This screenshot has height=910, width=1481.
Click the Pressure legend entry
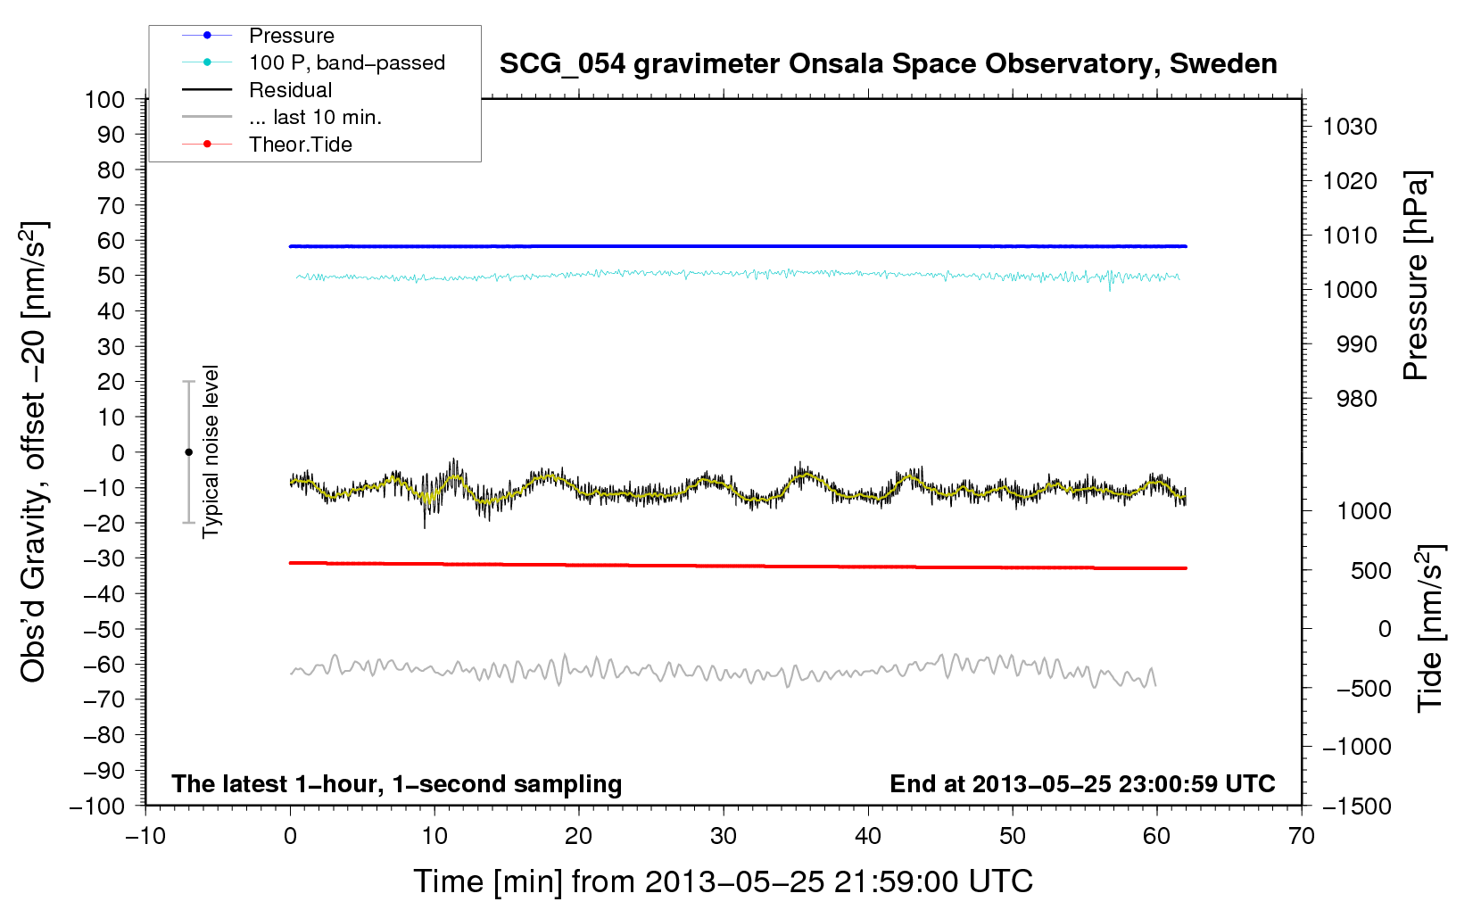pyautogui.click(x=291, y=36)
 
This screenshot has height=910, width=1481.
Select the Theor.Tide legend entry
pyautogui.click(x=300, y=145)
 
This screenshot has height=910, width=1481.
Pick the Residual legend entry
pyautogui.click(x=290, y=90)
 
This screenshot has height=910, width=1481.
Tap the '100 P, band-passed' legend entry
pyautogui.click(x=346, y=62)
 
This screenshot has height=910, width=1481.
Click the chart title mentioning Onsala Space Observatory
pyautogui.click(x=888, y=64)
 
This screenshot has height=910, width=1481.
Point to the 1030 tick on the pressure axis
pyautogui.click(x=1349, y=127)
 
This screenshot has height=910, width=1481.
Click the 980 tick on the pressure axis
pyautogui.click(x=1356, y=399)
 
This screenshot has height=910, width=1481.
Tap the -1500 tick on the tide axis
pyautogui.click(x=1356, y=806)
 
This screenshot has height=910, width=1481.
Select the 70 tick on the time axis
pyautogui.click(x=1302, y=836)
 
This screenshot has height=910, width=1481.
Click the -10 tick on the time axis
pyautogui.click(x=145, y=836)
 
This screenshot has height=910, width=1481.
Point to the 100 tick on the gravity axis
pyautogui.click(x=104, y=99)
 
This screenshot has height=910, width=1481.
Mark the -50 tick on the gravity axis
pyautogui.click(x=104, y=629)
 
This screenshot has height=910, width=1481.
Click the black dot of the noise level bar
pyautogui.click(x=188, y=452)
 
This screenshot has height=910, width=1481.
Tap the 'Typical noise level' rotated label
pyautogui.click(x=211, y=451)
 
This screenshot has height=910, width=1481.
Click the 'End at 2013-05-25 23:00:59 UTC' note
pyautogui.click(x=1082, y=783)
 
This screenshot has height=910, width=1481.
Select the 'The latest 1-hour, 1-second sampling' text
pyautogui.click(x=396, y=783)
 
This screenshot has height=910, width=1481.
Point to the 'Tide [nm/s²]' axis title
pyautogui.click(x=1430, y=627)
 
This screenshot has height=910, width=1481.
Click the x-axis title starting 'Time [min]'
pyautogui.click(x=723, y=881)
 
